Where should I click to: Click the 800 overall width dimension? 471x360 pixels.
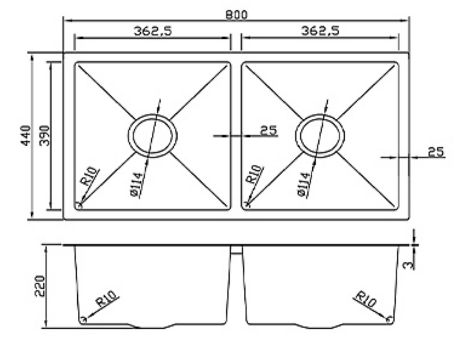pos(236,14)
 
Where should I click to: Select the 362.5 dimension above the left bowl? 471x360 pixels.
pos(152,31)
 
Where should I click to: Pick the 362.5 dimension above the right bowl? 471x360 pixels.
pos(320,31)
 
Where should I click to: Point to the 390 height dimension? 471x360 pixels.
pos(45,135)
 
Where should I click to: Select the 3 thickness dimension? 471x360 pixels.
pos(411,263)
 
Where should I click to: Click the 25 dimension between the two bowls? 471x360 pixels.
pos(269,130)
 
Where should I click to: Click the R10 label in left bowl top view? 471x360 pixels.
pos(91,177)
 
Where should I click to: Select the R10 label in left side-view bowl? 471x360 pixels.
pos(108,300)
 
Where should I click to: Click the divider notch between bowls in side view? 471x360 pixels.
pos(236,249)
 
